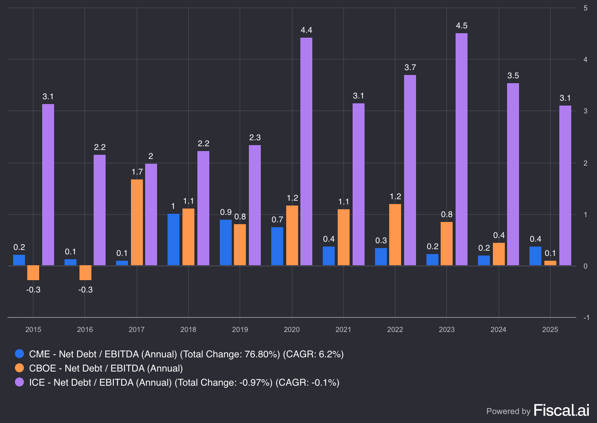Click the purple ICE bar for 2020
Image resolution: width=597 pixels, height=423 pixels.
tap(306, 151)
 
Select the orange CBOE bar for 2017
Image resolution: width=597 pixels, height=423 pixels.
tap(137, 222)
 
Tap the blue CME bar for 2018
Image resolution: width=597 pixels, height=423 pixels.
tap(174, 239)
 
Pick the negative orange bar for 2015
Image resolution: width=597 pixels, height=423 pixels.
tap(33, 273)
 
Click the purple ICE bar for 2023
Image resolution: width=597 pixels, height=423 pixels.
tap(462, 149)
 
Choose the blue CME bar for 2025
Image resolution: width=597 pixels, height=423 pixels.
tap(535, 256)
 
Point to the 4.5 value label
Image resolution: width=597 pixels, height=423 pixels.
tap(462, 26)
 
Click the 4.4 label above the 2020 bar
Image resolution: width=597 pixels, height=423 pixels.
tap(306, 30)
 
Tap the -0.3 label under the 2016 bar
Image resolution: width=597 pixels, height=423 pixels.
tap(85, 290)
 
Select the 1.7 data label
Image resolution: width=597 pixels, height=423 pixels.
tap(137, 172)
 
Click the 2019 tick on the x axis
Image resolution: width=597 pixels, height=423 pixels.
tap(240, 329)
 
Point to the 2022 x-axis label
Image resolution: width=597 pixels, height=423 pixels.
tap(395, 329)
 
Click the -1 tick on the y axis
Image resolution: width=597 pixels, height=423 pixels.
tap(586, 317)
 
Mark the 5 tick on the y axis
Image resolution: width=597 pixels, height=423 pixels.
tap(585, 8)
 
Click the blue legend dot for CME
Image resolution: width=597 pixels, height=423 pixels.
tap(19, 354)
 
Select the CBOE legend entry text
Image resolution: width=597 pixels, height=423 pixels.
tap(106, 368)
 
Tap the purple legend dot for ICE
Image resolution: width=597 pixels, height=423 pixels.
tap(19, 382)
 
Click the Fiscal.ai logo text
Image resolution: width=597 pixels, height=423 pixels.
tap(561, 410)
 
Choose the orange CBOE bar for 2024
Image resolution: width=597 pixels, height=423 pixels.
tap(499, 254)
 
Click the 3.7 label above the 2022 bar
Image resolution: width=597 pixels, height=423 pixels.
tap(410, 68)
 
